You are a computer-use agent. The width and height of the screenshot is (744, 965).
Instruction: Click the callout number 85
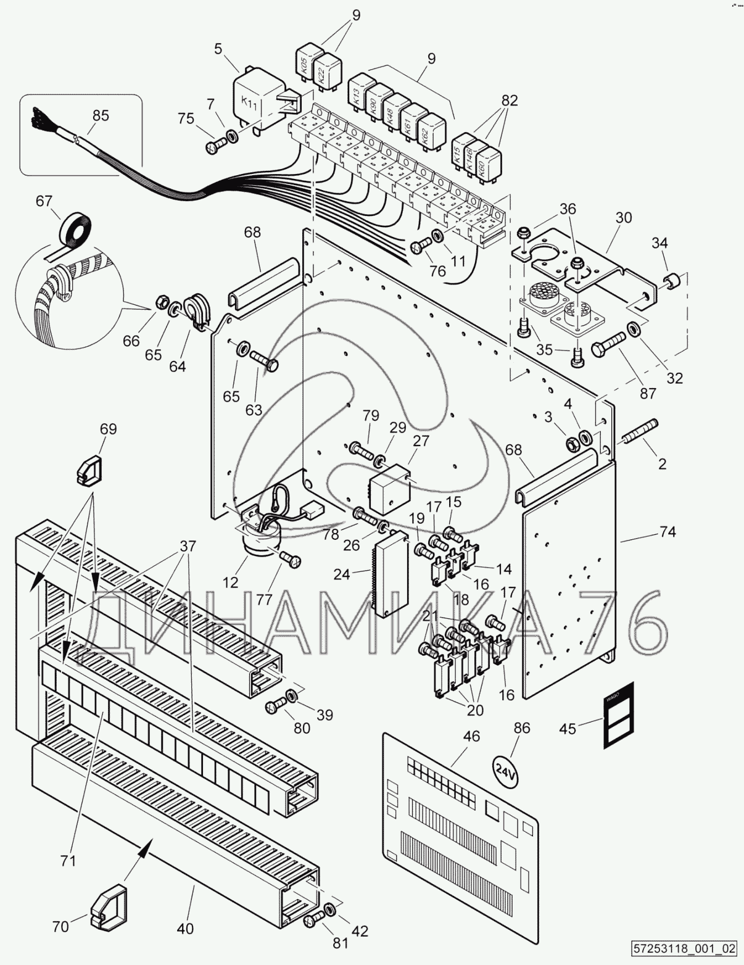pyautogui.click(x=101, y=115)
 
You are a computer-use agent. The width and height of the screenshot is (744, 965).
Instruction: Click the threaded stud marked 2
pyautogui.click(x=642, y=433)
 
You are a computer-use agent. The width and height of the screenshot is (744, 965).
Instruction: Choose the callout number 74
pyautogui.click(x=667, y=531)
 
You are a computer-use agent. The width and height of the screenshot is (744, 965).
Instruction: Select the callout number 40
pyautogui.click(x=184, y=927)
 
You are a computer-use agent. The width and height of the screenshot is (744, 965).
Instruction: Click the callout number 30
pyautogui.click(x=624, y=217)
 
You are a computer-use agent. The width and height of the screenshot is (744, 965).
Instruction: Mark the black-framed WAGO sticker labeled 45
pyautogui.click(x=618, y=716)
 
